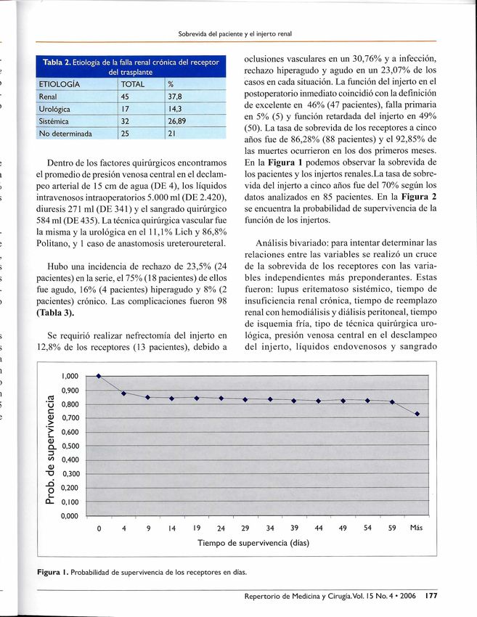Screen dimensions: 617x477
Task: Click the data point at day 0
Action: coord(99,375)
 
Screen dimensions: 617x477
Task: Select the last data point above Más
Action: coord(417,414)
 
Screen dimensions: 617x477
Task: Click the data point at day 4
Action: coord(123,393)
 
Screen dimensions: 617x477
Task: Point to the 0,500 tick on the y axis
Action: coord(70,446)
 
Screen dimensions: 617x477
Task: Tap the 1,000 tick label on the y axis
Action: coord(70,376)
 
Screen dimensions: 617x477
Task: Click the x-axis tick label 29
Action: coord(245,528)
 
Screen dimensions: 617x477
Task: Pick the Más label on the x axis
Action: coord(416,527)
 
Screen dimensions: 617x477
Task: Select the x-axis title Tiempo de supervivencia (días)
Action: coord(253,542)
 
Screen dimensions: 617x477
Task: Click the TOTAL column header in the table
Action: coord(134,85)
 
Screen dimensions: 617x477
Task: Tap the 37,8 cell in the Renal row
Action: coord(175,97)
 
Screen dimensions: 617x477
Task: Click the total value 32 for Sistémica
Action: coord(125,120)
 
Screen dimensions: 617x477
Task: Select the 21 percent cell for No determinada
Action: coord(172,133)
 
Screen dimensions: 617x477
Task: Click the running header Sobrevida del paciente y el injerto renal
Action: coord(235,33)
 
